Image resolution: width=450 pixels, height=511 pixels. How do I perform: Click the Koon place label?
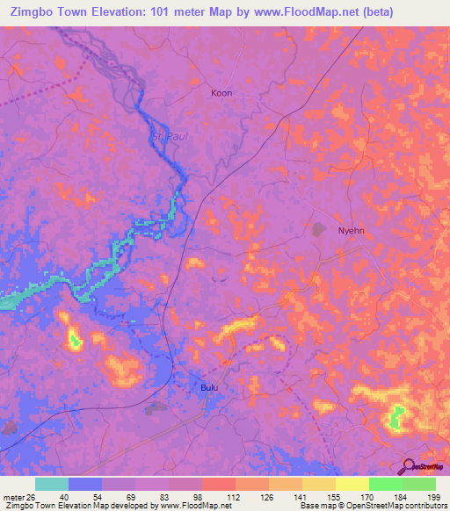coord(221,92)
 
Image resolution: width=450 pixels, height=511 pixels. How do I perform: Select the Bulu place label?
coord(208,386)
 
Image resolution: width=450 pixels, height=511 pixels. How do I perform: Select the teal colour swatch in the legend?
coord(52,484)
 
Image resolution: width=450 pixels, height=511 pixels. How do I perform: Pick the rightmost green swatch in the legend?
coord(419,484)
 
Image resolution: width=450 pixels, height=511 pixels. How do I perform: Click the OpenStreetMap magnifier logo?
coord(409,467)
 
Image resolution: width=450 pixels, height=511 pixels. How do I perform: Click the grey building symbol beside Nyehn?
coord(318,228)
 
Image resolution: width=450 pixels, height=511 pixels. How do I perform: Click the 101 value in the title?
coord(156,12)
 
